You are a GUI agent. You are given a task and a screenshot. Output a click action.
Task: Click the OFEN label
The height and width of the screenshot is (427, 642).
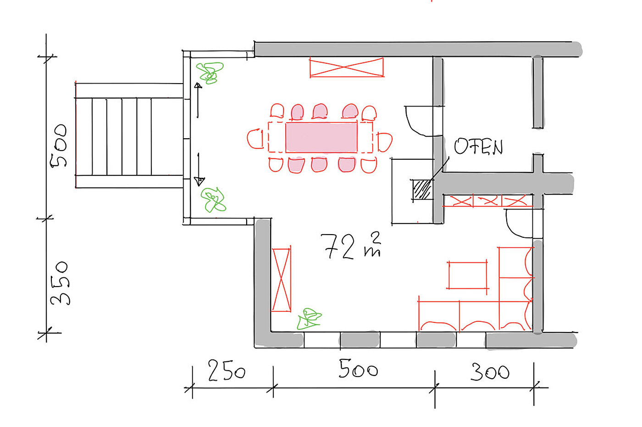[x=478, y=146]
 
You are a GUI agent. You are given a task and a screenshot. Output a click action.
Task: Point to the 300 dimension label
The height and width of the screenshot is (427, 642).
[x=490, y=372]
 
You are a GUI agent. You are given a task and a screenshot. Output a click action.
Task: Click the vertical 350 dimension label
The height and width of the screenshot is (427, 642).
[x=60, y=283]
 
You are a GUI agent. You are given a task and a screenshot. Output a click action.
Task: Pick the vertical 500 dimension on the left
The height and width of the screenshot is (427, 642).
[x=58, y=146]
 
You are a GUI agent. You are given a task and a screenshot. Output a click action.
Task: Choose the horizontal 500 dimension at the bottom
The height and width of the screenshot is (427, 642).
[x=358, y=369]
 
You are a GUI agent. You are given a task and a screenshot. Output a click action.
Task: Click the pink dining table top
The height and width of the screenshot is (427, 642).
[x=321, y=137]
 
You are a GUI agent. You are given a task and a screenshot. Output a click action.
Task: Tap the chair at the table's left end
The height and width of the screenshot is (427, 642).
[x=255, y=139]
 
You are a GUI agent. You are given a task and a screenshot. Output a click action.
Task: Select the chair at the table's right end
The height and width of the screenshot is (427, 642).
[x=385, y=142]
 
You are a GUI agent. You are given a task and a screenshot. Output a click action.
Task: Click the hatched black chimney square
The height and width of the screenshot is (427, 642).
[x=422, y=189]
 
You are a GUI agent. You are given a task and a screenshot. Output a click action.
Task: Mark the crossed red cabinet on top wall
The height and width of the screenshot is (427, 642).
[x=347, y=67]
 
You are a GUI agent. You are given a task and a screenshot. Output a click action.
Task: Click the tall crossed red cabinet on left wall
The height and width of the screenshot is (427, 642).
[x=282, y=280]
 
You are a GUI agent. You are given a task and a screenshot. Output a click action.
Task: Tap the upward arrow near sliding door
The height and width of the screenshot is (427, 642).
[x=198, y=100]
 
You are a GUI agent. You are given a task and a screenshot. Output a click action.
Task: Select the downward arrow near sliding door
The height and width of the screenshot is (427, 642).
[x=199, y=169]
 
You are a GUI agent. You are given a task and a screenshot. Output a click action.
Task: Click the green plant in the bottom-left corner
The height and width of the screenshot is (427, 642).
[x=309, y=319]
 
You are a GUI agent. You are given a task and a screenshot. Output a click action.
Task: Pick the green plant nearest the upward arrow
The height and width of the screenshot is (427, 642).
[x=210, y=73]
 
